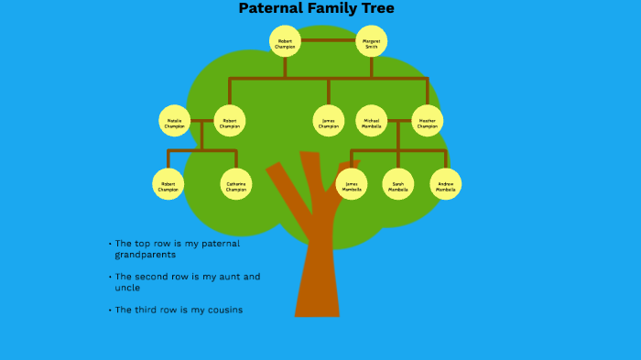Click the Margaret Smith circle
pos(371,41)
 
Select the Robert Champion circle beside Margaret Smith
pos(285,41)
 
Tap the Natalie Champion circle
pos(174,121)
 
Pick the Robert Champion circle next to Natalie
pos(230,121)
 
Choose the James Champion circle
pos(328,121)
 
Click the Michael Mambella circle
pos(371,121)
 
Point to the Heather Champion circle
pos(427,121)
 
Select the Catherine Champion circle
pos(236,184)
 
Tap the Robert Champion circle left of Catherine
pos(168,184)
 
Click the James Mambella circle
pos(352,184)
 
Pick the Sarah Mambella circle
pos(397,184)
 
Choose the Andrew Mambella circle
pos(445,184)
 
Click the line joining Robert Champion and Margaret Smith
pos(328,40)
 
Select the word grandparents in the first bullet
pos(145,255)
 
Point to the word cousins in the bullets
pos(224,310)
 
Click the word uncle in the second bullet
pos(127,288)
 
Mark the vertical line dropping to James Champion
pos(328,92)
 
